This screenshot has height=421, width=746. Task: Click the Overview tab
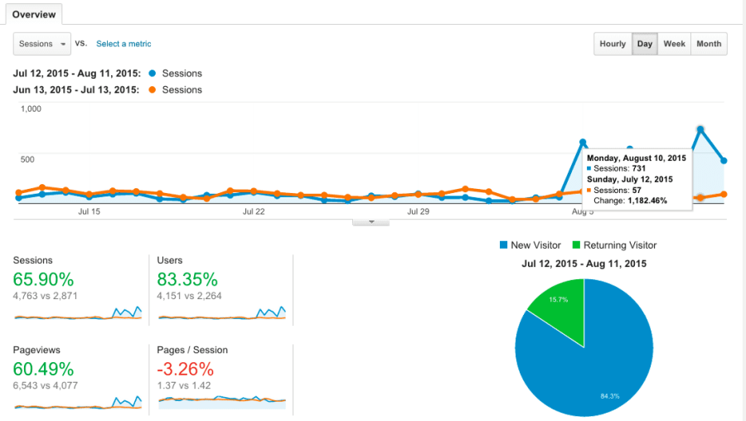[x=34, y=14]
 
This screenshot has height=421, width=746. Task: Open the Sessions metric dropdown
[x=41, y=44]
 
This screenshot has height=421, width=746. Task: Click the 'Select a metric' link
[x=124, y=44]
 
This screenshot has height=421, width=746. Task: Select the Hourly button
[x=613, y=44]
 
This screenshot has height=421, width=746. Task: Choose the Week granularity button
[x=674, y=44]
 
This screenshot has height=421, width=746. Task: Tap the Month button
[x=709, y=44]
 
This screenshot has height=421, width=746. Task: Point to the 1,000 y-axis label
[x=31, y=109]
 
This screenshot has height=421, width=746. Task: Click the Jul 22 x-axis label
[x=254, y=211]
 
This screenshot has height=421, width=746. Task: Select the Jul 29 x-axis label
[x=419, y=211]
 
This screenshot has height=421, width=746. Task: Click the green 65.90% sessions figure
[x=43, y=278]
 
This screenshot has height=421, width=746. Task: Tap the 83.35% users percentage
[x=187, y=278]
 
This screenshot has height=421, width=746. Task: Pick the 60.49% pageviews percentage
[x=43, y=369]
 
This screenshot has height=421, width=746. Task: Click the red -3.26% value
[x=185, y=369]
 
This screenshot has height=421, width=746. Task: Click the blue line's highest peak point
[x=701, y=129]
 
